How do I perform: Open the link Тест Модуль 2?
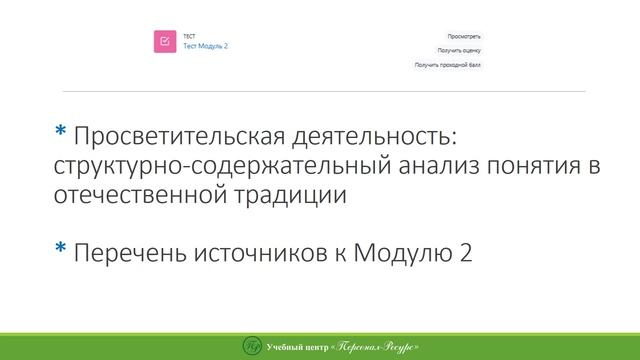[x=205, y=46]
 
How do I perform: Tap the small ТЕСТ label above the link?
[x=189, y=36]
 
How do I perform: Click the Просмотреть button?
[x=464, y=36]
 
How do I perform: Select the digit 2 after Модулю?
[x=465, y=253]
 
